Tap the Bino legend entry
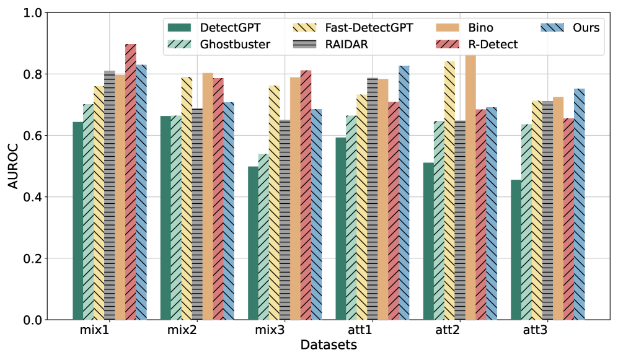pyautogui.click(x=481, y=27)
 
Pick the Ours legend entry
pyautogui.click(x=586, y=27)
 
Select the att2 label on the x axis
pyautogui.click(x=447, y=330)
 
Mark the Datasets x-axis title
pyautogui.click(x=329, y=345)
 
